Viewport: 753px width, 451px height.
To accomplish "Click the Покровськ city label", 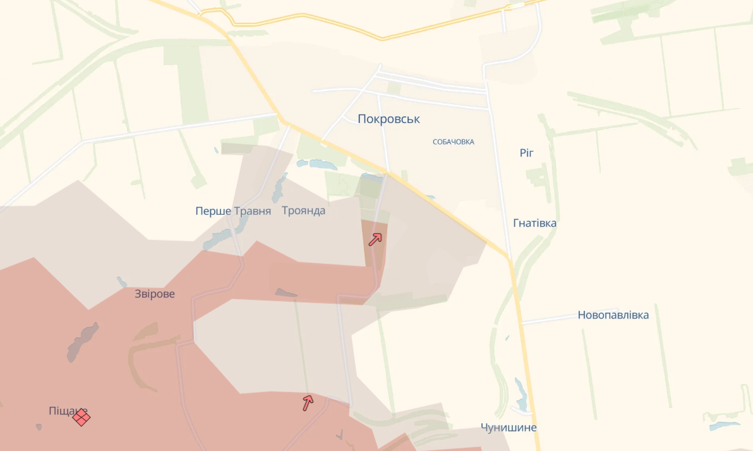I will [x=389, y=119].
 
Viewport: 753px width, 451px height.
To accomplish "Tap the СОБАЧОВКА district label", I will [x=453, y=142].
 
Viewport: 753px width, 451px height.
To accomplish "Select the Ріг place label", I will [x=527, y=153].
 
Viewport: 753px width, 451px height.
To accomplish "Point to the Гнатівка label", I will [x=534, y=223].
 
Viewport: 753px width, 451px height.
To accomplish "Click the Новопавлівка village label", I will [x=613, y=315].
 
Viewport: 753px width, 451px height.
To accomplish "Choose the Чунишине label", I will [x=508, y=428].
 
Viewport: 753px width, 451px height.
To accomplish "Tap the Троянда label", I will [x=303, y=210].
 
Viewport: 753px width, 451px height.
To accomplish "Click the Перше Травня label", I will [x=233, y=211].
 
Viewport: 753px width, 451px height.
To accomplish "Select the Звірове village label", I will [x=155, y=294].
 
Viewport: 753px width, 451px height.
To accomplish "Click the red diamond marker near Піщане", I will [x=81, y=417].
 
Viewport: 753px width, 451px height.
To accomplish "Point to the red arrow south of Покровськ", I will [x=375, y=239].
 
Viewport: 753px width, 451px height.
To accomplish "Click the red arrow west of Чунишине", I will [x=308, y=402].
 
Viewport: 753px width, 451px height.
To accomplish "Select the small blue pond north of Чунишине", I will [x=521, y=395].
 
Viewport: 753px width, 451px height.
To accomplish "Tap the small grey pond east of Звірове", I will [x=286, y=292].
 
